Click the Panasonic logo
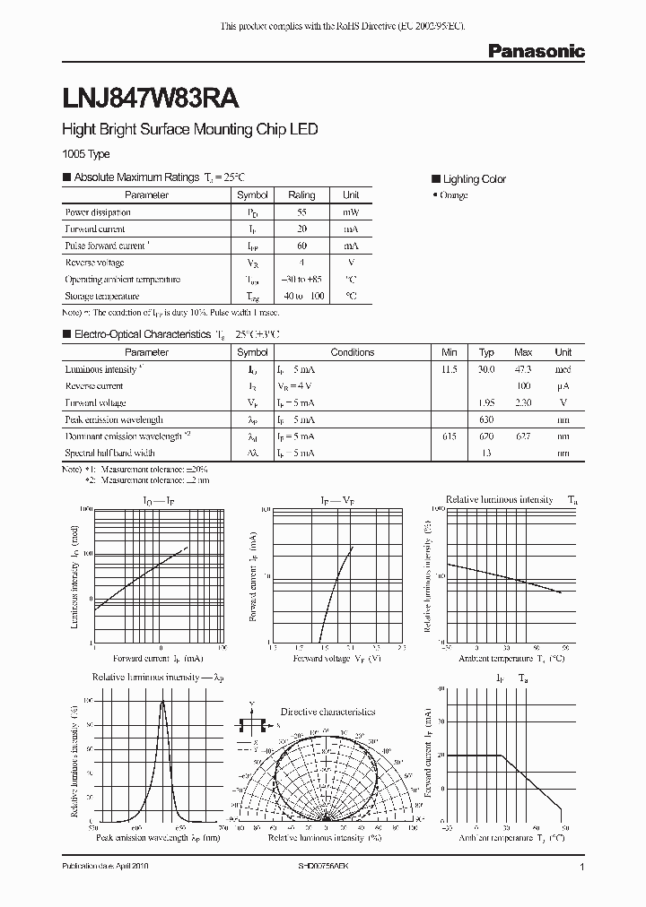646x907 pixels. [x=536, y=52]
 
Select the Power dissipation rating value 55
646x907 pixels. [x=301, y=212]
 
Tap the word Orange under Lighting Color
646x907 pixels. [x=452, y=195]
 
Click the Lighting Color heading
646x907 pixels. [x=474, y=179]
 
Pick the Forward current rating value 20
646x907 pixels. [x=301, y=229]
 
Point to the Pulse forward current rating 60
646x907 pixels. [x=301, y=246]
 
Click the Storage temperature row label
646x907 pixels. [x=101, y=296]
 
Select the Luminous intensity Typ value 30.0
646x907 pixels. [x=486, y=369]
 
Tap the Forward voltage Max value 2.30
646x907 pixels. [x=523, y=403]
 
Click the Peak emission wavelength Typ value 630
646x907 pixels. [x=486, y=419]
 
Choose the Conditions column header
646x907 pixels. [x=352, y=352]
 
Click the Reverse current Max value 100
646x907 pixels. [x=523, y=386]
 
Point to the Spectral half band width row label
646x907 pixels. [x=109, y=453]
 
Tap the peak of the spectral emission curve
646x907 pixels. [x=162, y=702]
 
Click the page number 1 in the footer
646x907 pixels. [x=582, y=868]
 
